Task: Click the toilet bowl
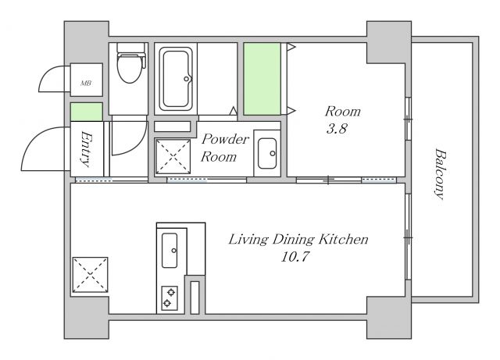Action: tap(129, 69)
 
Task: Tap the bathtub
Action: tap(176, 79)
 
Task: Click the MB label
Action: tap(86, 84)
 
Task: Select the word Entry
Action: tap(86, 149)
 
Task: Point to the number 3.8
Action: tap(337, 129)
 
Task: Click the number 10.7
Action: tap(295, 257)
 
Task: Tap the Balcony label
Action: tap(441, 174)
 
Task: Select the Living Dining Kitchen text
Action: tap(298, 240)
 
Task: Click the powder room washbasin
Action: tap(267, 153)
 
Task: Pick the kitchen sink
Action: tap(170, 251)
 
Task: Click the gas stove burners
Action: tap(170, 298)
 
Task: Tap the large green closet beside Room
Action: tap(262, 79)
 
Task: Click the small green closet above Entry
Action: tap(87, 112)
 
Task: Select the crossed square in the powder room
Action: tap(173, 156)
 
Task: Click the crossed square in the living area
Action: tap(91, 275)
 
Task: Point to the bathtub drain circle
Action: tap(186, 79)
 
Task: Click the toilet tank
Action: tap(131, 48)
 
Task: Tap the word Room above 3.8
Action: tap(343, 112)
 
